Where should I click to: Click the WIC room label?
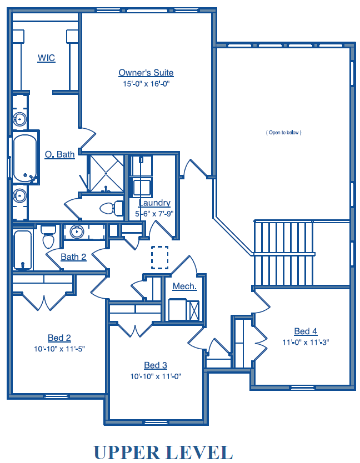47,58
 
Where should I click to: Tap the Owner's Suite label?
146,73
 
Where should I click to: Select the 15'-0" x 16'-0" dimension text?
146,84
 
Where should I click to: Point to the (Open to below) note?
284,133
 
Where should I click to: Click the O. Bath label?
59,154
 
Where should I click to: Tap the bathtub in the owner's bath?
25,158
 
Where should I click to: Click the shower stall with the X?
107,173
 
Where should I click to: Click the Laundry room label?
154,203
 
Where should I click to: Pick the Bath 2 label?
73,257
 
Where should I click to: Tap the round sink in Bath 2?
77,232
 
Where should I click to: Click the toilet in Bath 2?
48,236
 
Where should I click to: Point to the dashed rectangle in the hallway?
160,258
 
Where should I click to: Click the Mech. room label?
185,286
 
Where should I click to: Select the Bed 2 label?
59,338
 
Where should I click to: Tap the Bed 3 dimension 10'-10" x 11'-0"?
156,376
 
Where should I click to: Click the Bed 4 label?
306,331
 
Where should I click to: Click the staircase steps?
284,253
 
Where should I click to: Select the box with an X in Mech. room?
194,310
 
